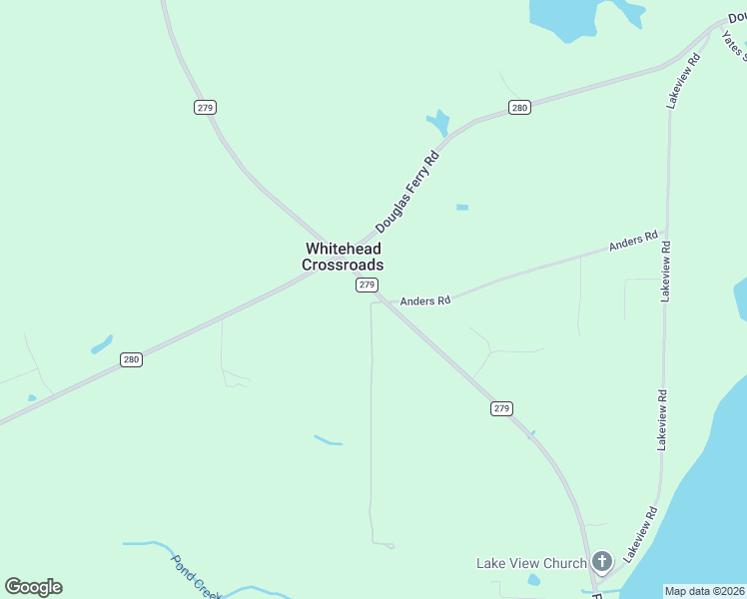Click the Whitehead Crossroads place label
click(x=343, y=257)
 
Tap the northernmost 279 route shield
click(x=205, y=107)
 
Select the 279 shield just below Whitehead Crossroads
click(x=367, y=286)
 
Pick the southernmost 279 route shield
click(x=501, y=408)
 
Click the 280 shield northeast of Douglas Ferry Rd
click(x=518, y=108)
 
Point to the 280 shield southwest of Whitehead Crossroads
click(x=131, y=359)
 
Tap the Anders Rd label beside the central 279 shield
click(x=425, y=300)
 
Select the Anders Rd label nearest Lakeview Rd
click(x=633, y=242)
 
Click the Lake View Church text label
click(x=531, y=564)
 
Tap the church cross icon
click(x=601, y=563)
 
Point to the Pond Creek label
click(x=195, y=577)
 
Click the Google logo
click(x=33, y=587)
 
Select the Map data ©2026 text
click(x=704, y=591)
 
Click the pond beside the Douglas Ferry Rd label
click(x=437, y=124)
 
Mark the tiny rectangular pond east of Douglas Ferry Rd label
click(x=462, y=208)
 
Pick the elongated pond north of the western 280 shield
click(x=102, y=344)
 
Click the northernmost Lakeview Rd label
click(x=683, y=81)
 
